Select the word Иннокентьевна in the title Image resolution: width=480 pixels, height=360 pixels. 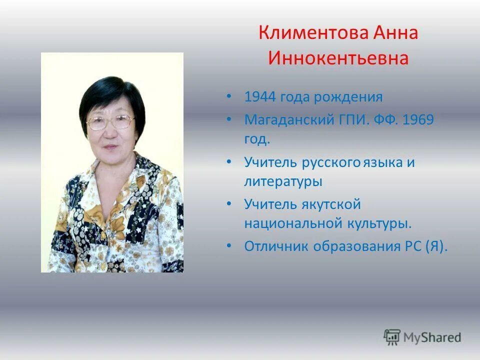338,58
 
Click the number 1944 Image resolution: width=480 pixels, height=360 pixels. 260,96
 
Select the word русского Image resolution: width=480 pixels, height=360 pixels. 331,163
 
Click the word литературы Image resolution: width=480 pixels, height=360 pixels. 283,181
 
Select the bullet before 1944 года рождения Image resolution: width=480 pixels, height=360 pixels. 228,96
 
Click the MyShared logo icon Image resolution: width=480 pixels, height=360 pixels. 392,337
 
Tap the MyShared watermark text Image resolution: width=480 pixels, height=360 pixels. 432,337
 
